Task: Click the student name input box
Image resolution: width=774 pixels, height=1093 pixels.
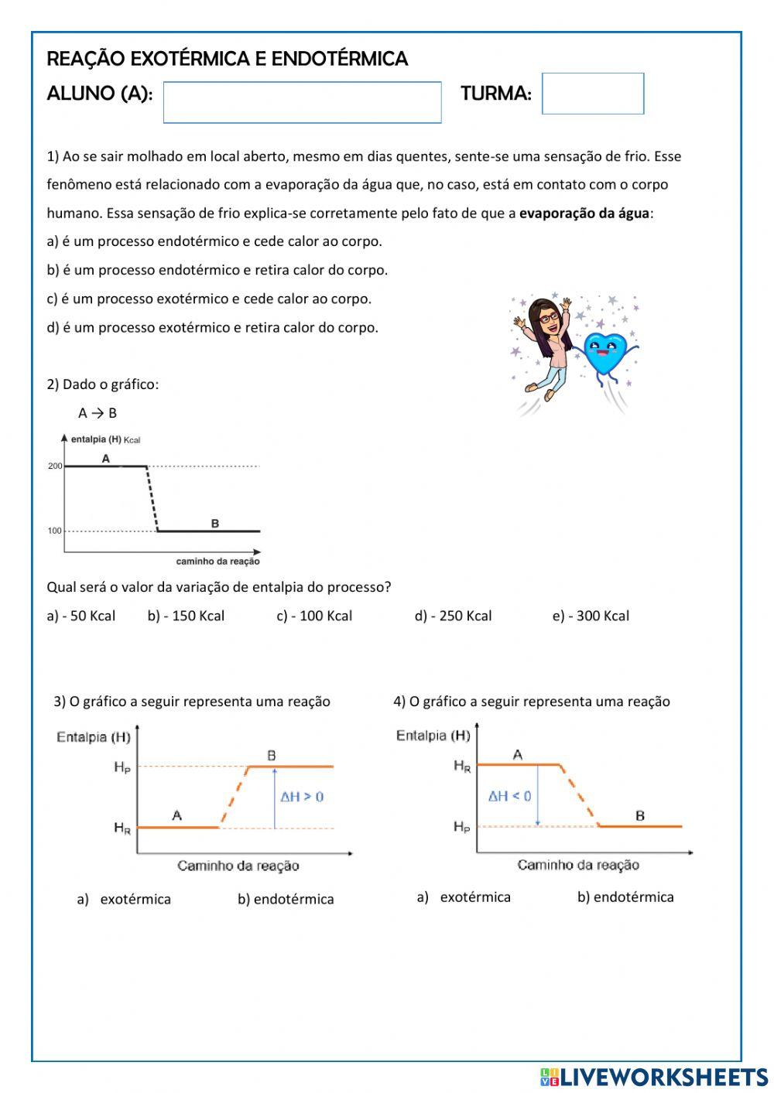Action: (x=302, y=102)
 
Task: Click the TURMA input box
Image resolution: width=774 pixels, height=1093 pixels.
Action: (x=592, y=94)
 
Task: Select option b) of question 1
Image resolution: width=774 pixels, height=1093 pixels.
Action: (x=217, y=270)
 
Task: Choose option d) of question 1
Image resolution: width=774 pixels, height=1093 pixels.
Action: (x=212, y=327)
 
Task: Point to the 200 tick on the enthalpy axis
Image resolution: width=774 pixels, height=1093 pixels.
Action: (x=56, y=466)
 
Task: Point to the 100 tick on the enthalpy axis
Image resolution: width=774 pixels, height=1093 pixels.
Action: (x=56, y=531)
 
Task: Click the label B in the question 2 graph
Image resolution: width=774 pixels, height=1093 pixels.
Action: (x=215, y=524)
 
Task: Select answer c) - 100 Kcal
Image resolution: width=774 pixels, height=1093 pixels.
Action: (x=314, y=616)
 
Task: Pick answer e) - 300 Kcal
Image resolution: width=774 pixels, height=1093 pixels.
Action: (x=591, y=616)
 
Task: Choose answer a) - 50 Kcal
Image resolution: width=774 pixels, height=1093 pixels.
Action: (x=80, y=616)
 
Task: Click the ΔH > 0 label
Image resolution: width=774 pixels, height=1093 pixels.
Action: (x=302, y=797)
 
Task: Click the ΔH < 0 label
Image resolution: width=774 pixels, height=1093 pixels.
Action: (x=509, y=796)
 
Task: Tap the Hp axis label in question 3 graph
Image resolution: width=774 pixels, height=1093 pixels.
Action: (x=122, y=767)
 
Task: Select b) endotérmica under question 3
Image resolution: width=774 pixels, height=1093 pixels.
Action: (x=286, y=899)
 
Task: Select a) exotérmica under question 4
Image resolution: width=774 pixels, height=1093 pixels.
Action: (x=464, y=897)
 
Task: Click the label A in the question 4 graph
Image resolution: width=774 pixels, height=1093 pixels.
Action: (x=518, y=754)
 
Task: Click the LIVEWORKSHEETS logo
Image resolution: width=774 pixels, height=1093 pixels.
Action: (x=654, y=1076)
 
